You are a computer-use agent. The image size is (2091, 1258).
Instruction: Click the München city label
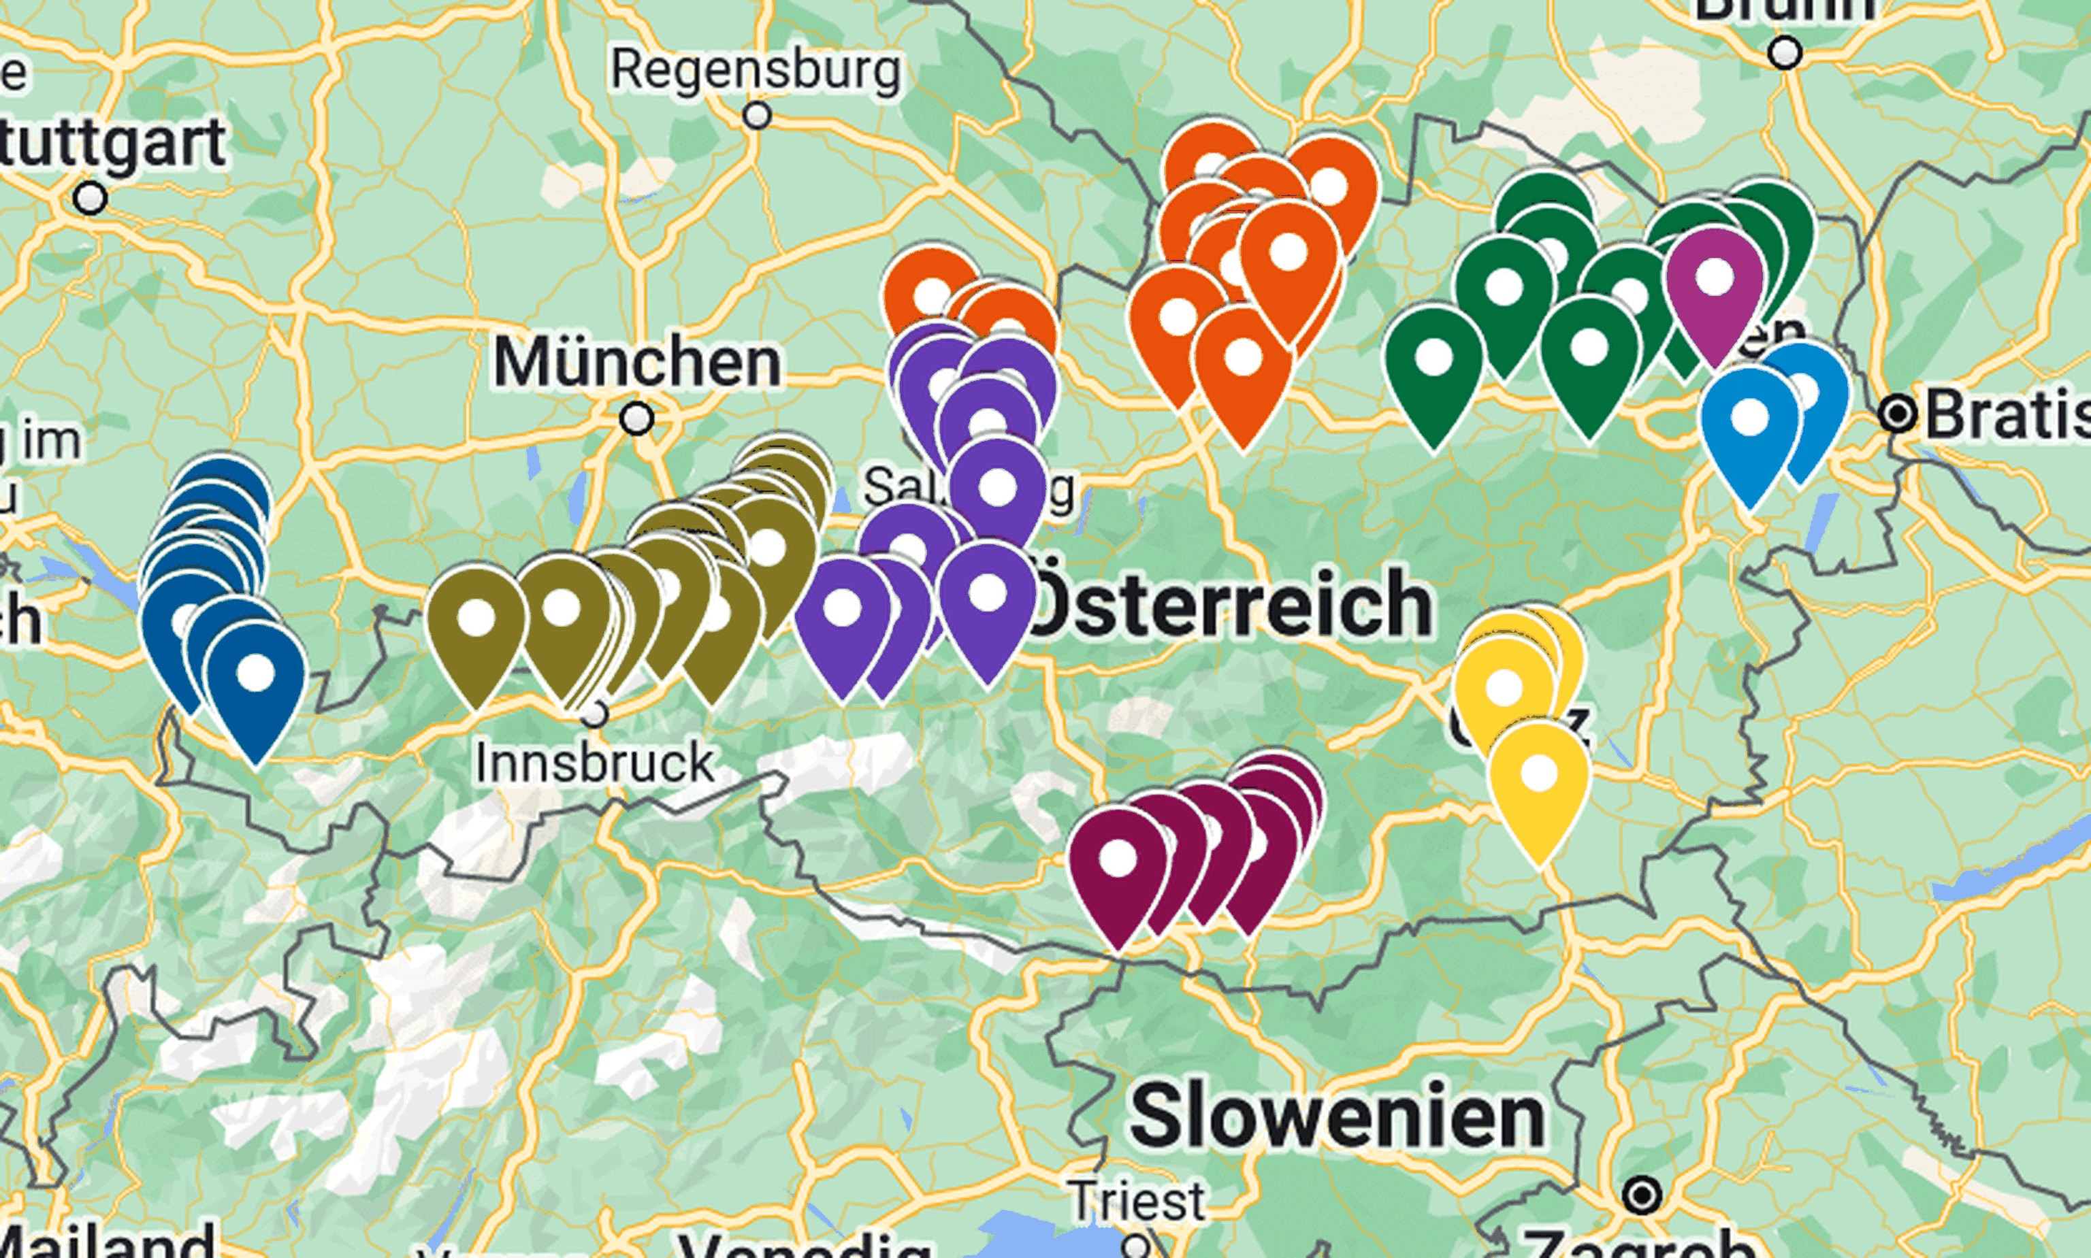(x=637, y=363)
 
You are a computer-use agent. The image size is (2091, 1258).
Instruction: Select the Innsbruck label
(x=594, y=762)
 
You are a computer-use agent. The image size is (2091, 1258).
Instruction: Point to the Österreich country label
(x=1229, y=603)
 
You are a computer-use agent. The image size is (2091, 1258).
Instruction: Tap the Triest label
(x=1136, y=1200)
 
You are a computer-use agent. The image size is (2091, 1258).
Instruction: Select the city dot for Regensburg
(x=757, y=114)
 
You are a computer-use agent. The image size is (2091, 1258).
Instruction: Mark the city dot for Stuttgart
(x=91, y=199)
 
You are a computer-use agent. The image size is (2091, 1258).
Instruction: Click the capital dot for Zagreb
(x=1642, y=1196)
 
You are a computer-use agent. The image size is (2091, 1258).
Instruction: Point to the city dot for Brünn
(x=1785, y=53)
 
